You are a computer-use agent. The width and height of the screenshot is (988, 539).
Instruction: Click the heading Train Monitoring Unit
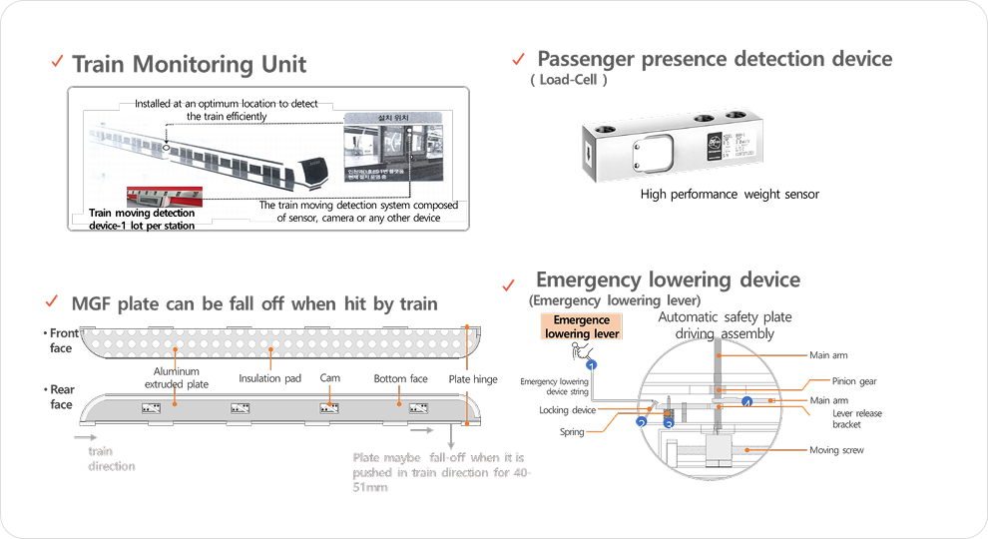pyautogui.click(x=189, y=65)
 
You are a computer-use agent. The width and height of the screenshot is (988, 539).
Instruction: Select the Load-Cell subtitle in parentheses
pyautogui.click(x=569, y=79)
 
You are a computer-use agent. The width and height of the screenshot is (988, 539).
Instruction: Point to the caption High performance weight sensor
pyautogui.click(x=730, y=195)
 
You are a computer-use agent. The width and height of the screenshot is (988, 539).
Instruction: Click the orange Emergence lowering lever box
pyautogui.click(x=581, y=326)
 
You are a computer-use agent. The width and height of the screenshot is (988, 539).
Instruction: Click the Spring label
pyautogui.click(x=572, y=432)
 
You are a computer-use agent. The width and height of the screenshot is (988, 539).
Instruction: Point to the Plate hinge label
pyautogui.click(x=473, y=379)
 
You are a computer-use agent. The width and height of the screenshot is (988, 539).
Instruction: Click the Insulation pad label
pyautogui.click(x=270, y=379)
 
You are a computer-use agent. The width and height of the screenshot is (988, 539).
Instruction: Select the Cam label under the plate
pyautogui.click(x=330, y=379)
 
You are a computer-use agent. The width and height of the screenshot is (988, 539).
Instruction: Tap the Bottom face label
pyautogui.click(x=401, y=379)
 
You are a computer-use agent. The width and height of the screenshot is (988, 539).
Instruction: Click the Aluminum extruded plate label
pyautogui.click(x=178, y=377)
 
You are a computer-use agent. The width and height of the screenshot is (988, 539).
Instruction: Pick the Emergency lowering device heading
pyautogui.click(x=668, y=280)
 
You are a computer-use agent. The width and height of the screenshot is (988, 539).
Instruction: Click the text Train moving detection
pyautogui.click(x=142, y=213)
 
